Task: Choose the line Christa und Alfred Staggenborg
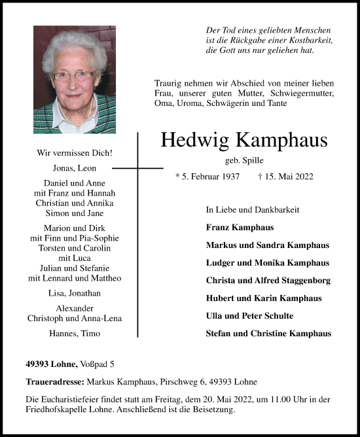[268, 281]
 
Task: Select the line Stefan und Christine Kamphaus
[268, 334]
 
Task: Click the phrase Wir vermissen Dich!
[75, 153]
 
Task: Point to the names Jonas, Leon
[75, 167]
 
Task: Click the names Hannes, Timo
[75, 333]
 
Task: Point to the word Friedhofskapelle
[58, 410]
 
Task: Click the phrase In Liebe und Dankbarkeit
[252, 210]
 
